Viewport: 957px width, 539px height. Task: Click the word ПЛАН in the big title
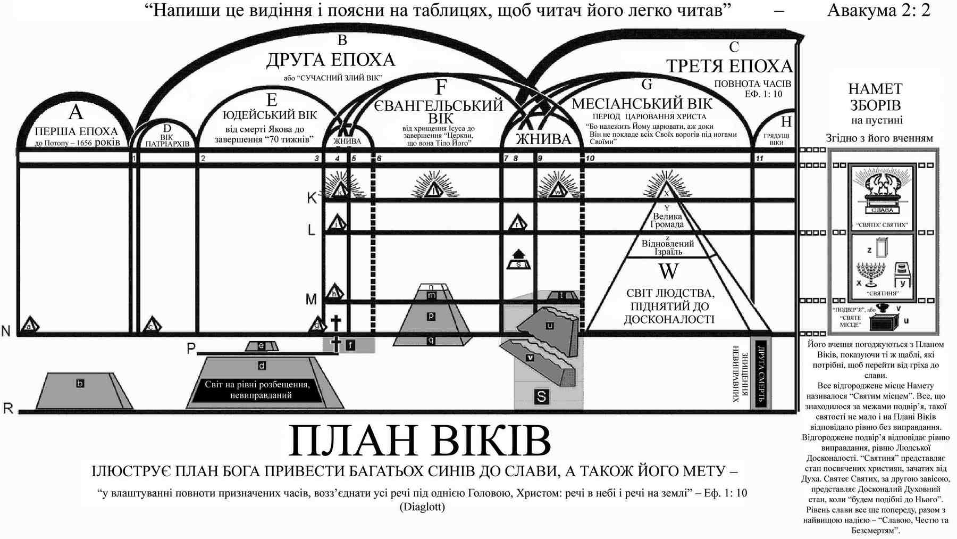pos(351,441)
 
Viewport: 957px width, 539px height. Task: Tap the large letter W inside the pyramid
pos(668,271)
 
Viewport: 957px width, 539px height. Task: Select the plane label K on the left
pos(312,198)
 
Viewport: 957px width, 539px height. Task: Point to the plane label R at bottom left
pos(9,408)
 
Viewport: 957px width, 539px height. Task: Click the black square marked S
pos(541,396)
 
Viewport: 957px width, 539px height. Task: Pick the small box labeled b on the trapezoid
pos(80,383)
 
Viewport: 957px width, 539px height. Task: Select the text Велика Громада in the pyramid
pos(667,220)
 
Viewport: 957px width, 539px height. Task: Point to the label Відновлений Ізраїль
pos(667,247)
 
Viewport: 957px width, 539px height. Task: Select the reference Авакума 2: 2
pos(878,10)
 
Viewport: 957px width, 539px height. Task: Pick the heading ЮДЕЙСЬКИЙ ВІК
pos(270,115)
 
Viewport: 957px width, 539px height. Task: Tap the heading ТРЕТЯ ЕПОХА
pos(729,66)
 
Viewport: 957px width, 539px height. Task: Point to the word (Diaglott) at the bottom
pos(422,507)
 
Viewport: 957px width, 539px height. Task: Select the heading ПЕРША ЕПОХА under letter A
pos(76,131)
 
